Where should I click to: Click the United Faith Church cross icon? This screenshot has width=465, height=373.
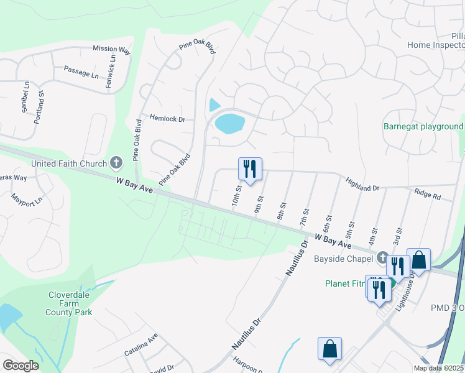pyautogui.click(x=116, y=163)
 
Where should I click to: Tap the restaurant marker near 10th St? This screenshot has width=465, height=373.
pyautogui.click(x=250, y=168)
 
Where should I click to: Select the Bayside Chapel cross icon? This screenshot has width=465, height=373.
pyautogui.click(x=382, y=258)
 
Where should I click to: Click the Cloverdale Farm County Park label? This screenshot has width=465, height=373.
pyautogui.click(x=68, y=303)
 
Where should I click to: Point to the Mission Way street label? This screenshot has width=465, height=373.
pyautogui.click(x=112, y=48)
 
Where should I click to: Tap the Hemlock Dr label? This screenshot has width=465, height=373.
pyautogui.click(x=168, y=118)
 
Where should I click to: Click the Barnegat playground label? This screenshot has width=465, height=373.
pyautogui.click(x=423, y=127)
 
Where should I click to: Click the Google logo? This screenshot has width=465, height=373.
pyautogui.click(x=21, y=365)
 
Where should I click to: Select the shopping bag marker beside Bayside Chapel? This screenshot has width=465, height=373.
pyautogui.click(x=419, y=259)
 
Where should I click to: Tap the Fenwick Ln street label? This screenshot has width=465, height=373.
pyautogui.click(x=111, y=71)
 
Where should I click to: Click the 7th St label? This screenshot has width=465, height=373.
pyautogui.click(x=305, y=218)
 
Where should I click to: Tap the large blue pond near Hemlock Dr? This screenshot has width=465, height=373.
pyautogui.click(x=229, y=123)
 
